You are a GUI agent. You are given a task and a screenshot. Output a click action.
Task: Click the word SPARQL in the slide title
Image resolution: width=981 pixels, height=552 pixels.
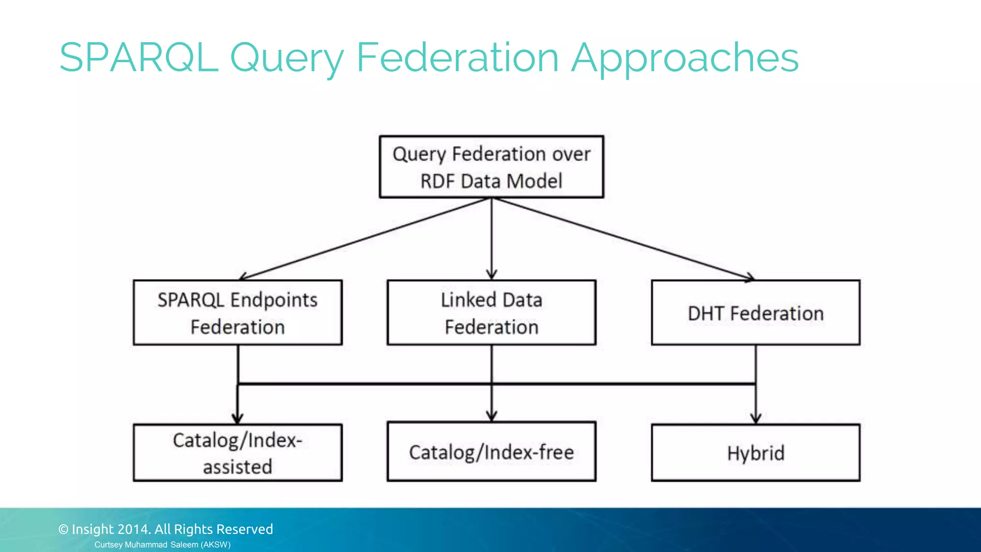click(x=139, y=57)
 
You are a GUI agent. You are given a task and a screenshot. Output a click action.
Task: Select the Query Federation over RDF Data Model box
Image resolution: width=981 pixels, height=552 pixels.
click(x=491, y=167)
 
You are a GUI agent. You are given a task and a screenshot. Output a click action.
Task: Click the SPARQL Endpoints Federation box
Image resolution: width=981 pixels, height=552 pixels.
click(x=238, y=312)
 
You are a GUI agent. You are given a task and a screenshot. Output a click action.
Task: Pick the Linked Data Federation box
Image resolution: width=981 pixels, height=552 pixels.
click(x=491, y=312)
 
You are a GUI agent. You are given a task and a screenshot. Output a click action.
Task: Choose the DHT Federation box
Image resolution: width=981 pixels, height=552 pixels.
click(x=755, y=312)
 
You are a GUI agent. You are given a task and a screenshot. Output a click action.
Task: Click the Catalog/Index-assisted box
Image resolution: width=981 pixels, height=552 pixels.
click(x=238, y=452)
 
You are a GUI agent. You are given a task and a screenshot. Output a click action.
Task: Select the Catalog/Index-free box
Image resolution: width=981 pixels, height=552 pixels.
click(x=491, y=451)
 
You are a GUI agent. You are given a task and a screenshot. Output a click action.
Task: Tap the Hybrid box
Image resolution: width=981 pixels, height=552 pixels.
click(x=755, y=452)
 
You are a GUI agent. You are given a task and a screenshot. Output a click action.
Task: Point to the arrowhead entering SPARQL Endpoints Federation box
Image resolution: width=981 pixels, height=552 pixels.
click(x=243, y=277)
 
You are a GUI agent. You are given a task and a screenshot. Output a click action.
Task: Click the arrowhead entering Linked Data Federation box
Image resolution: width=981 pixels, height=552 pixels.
click(x=491, y=275)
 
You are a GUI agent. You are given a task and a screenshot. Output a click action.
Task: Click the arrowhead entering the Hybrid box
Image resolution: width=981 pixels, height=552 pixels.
click(x=756, y=419)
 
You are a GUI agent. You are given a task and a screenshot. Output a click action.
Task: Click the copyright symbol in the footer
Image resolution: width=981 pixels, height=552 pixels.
click(x=63, y=529)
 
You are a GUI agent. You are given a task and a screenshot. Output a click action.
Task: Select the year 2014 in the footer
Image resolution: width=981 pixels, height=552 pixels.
click(x=134, y=529)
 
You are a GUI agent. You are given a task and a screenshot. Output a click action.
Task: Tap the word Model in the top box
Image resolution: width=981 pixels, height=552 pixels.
click(x=534, y=181)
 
